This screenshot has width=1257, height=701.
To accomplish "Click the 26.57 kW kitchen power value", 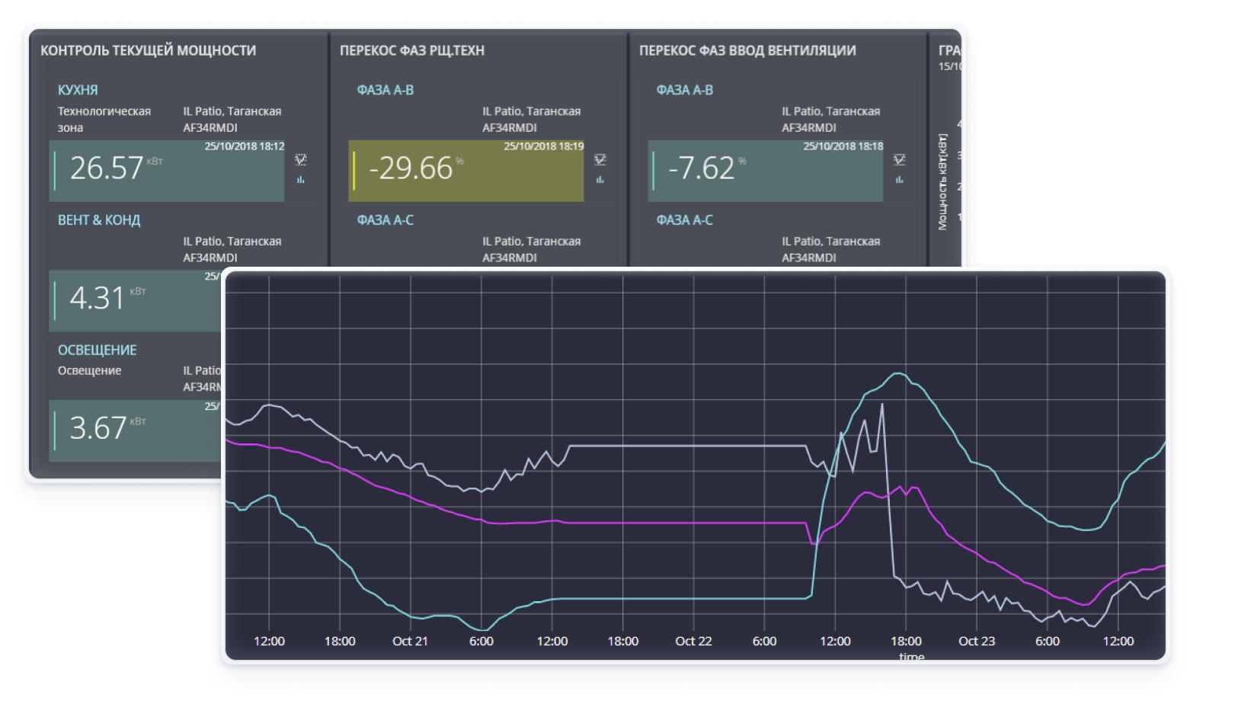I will [x=107, y=168].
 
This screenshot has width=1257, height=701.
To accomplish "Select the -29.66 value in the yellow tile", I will [x=411, y=168].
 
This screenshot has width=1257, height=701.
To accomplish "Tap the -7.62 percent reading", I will [x=701, y=168].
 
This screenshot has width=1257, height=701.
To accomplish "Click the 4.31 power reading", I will [x=97, y=298].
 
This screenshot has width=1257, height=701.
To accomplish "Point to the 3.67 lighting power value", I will [x=98, y=428].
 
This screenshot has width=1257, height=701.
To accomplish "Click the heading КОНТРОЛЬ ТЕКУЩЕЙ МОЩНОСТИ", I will [x=148, y=51].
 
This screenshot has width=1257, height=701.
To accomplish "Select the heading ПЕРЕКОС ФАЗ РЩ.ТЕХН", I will [x=411, y=51].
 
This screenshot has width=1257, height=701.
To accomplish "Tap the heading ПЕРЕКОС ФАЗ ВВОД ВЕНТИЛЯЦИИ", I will [x=747, y=51].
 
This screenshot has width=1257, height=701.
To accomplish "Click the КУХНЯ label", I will [x=78, y=90].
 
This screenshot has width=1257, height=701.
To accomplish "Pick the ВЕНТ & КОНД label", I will [x=99, y=220].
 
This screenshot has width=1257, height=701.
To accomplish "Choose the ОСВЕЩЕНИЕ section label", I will [x=98, y=350].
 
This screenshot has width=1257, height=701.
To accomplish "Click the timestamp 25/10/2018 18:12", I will [x=244, y=146].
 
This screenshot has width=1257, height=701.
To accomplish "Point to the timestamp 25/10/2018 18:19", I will [x=543, y=146].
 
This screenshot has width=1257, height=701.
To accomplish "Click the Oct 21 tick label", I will [x=410, y=642].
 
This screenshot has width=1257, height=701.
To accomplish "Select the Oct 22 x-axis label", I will [x=693, y=642].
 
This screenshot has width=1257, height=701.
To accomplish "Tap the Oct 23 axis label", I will [x=977, y=642].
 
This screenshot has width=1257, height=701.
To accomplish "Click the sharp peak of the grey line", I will [x=882, y=405].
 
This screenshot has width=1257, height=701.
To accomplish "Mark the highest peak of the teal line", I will [x=898, y=373].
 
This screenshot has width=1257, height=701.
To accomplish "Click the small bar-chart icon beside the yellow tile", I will [x=600, y=180].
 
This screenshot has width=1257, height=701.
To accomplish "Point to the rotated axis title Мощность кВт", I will [x=943, y=182].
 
